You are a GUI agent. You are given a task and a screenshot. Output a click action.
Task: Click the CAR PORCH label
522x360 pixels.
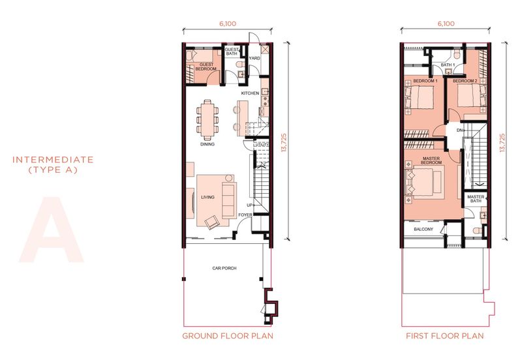tap(224, 268)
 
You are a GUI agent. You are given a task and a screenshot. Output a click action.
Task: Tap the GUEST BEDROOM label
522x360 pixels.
tap(206, 67)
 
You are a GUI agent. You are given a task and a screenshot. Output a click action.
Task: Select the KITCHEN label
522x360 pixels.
tap(250, 93)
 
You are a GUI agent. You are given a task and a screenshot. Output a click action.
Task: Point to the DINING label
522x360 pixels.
tap(207, 144)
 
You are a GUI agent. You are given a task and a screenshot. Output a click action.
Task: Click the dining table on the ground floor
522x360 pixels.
tap(207, 120)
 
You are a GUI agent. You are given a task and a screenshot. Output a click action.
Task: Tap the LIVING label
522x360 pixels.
tap(207, 198)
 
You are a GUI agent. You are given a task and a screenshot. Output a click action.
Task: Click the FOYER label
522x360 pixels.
tap(245, 215)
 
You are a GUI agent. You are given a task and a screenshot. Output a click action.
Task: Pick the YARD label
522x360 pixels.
tap(254, 58)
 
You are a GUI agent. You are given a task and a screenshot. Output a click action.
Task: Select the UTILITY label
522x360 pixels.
tap(262, 144)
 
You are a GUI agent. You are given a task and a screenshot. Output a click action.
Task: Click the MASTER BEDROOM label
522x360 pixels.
tap(431, 160)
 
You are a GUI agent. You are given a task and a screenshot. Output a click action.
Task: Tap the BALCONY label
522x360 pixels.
tap(423, 230)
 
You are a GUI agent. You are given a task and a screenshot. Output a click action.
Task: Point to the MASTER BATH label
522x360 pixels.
tap(476, 199)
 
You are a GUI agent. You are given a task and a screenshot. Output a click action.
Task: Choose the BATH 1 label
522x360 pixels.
tap(448, 65)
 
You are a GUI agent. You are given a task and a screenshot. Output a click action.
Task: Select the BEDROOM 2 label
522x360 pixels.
tap(465, 81)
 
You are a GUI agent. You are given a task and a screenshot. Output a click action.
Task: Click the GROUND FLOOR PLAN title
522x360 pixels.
tap(228, 336)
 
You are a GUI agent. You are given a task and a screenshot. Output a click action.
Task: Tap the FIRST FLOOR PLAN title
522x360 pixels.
tap(445, 336)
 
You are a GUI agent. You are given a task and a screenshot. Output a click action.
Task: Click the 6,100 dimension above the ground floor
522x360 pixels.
tap(228, 23)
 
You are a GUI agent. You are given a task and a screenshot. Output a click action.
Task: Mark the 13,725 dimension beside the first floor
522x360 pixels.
tap(502, 143)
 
